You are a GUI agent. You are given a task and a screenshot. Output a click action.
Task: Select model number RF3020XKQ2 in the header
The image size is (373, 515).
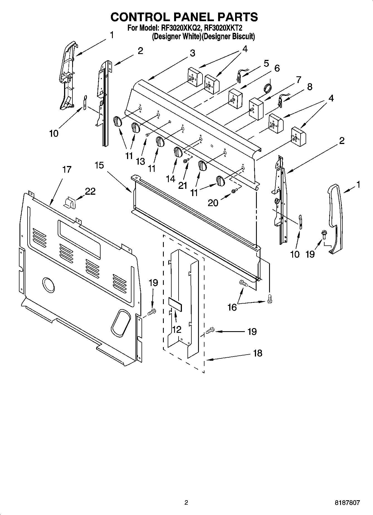click(x=179, y=28)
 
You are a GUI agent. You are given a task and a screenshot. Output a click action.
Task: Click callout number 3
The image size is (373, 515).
click(x=192, y=53)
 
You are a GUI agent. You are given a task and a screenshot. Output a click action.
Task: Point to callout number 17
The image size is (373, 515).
click(x=67, y=169)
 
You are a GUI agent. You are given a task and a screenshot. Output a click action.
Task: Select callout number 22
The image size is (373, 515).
click(x=90, y=191)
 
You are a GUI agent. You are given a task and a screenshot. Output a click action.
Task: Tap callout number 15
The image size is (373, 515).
click(x=99, y=165)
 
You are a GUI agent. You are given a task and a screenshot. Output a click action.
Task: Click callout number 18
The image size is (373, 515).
click(x=258, y=353)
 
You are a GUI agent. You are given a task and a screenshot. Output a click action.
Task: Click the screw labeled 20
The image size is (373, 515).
click(x=234, y=191)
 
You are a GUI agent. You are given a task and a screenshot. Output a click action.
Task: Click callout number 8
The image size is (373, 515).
click(x=309, y=87)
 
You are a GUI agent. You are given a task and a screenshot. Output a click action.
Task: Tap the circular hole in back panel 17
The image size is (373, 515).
click(x=49, y=284)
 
